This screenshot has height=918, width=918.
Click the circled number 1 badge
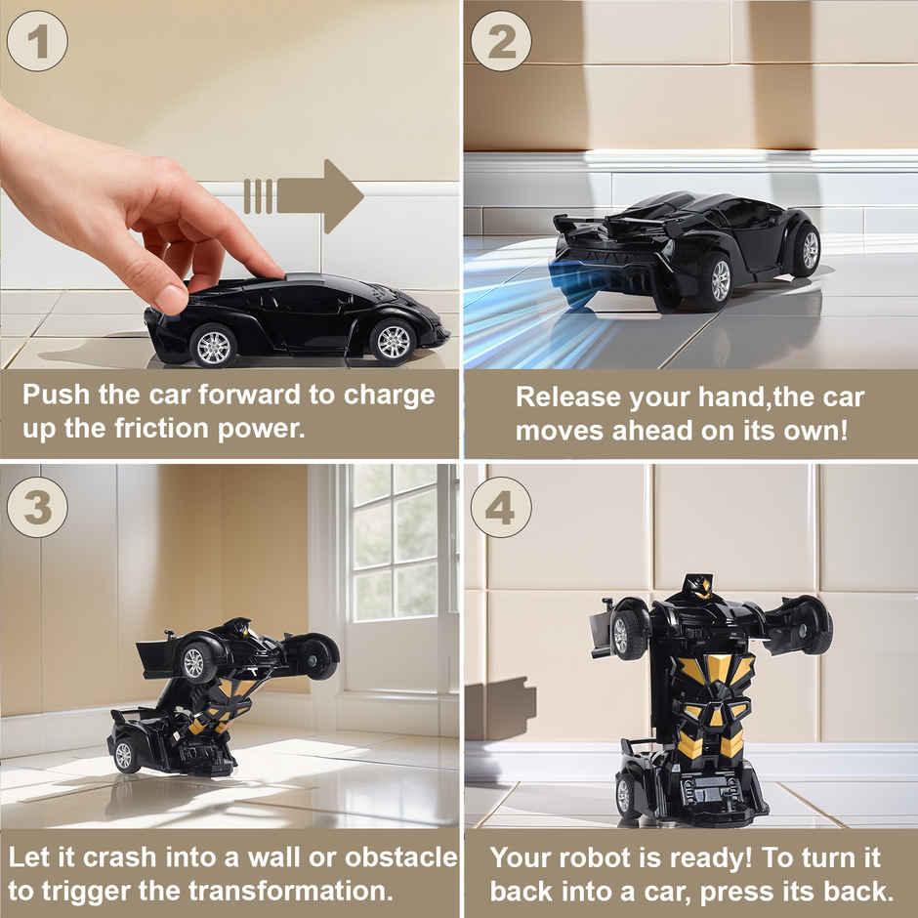[37, 41]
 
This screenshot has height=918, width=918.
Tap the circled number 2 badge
[501, 41]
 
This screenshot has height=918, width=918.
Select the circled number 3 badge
[37, 507]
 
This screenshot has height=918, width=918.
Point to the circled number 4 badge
[501, 507]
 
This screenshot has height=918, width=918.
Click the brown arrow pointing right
[304, 196]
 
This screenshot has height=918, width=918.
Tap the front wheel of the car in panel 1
[394, 342]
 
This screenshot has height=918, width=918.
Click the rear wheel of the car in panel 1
[213, 347]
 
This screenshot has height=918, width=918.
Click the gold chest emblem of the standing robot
[716, 670]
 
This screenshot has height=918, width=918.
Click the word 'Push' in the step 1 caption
[57, 396]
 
